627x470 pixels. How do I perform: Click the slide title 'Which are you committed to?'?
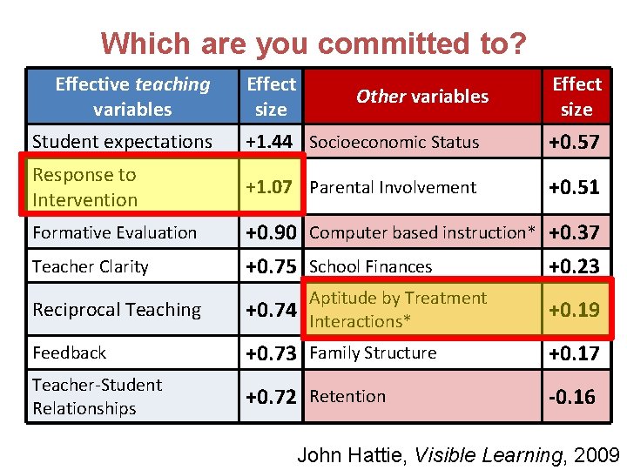313,43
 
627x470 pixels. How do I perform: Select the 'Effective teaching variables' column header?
132,97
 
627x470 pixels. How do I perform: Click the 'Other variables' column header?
422,97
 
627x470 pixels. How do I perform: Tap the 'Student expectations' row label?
122,142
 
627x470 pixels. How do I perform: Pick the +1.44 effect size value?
269,142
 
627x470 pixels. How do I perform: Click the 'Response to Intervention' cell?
84,187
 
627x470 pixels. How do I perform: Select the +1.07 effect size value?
269,187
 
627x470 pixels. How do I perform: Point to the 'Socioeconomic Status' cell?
394,142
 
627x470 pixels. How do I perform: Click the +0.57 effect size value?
574,142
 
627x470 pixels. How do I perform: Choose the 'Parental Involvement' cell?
393,187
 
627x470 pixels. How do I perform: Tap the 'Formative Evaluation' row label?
114,232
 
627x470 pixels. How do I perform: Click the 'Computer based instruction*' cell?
423,232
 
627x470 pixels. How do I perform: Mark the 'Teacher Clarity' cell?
91,267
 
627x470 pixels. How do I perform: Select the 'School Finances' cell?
370,267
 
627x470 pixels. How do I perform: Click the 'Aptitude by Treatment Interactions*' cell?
398,309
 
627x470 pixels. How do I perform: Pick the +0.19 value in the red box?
574,310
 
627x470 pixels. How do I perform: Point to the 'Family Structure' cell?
373,352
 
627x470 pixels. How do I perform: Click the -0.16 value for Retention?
572,397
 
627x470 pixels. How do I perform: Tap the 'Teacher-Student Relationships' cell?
97,396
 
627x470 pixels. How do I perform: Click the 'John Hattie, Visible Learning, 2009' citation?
458,454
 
